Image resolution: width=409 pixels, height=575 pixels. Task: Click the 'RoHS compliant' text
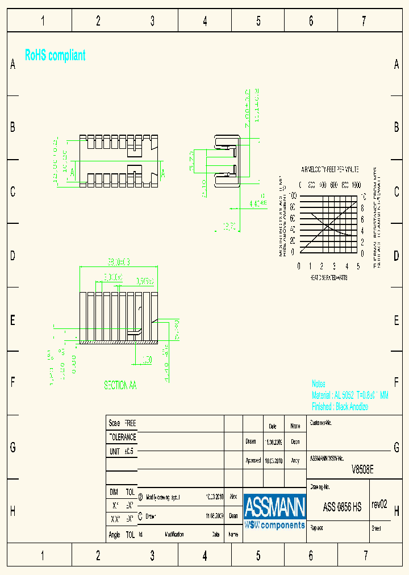coord(55,55)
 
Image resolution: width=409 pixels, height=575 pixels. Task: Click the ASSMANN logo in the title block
coord(275,511)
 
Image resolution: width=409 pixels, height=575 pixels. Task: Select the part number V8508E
coord(362,469)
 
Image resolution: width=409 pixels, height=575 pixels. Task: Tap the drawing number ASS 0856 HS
coord(342,507)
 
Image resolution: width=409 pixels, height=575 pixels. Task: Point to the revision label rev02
coord(379,505)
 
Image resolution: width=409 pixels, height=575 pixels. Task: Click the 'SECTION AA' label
coord(120,385)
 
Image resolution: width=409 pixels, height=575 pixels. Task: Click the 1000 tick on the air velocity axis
coord(356,185)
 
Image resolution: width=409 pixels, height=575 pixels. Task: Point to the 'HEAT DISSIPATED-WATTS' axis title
coord(328,278)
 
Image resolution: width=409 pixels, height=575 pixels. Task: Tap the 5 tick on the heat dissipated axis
coord(358,266)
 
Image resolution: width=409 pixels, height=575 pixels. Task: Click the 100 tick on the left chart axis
coord(293,195)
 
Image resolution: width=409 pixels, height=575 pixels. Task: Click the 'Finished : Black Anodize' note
coord(340,407)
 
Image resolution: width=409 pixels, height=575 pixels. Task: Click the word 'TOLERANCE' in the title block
coord(122,438)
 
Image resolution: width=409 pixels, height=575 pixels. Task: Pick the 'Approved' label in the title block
coord(253,461)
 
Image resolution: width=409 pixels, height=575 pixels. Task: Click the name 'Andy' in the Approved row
coord(295,461)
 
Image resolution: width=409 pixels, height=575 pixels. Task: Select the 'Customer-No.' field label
coord(321,423)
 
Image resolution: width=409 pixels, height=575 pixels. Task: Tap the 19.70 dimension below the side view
coord(229,226)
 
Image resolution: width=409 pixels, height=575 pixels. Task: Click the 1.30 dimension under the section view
coord(147,360)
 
